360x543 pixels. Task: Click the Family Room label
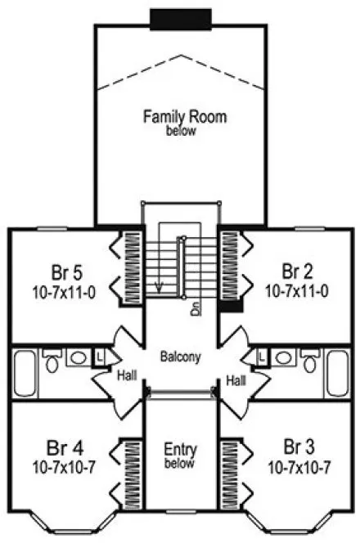(184, 117)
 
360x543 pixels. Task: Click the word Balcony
(181, 357)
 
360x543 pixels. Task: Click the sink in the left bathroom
(79, 357)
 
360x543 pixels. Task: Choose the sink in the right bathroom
(282, 357)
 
